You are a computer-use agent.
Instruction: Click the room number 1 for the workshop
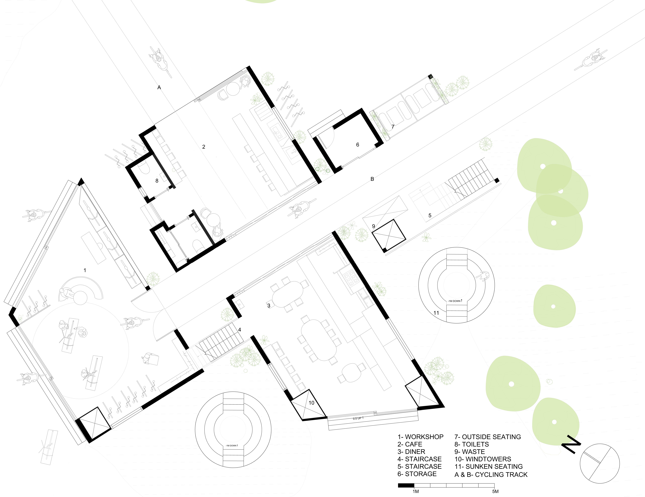[85, 270]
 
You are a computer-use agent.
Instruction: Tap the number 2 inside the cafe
[203, 147]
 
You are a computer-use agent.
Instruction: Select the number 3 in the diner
[269, 306]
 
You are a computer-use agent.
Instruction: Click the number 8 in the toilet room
[157, 181]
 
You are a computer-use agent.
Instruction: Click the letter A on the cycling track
[159, 87]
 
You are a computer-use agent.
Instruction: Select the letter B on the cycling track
[372, 179]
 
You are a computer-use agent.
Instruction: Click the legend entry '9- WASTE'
[469, 452]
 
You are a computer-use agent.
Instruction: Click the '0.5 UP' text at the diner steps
[358, 418]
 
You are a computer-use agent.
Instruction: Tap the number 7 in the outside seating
[393, 127]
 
